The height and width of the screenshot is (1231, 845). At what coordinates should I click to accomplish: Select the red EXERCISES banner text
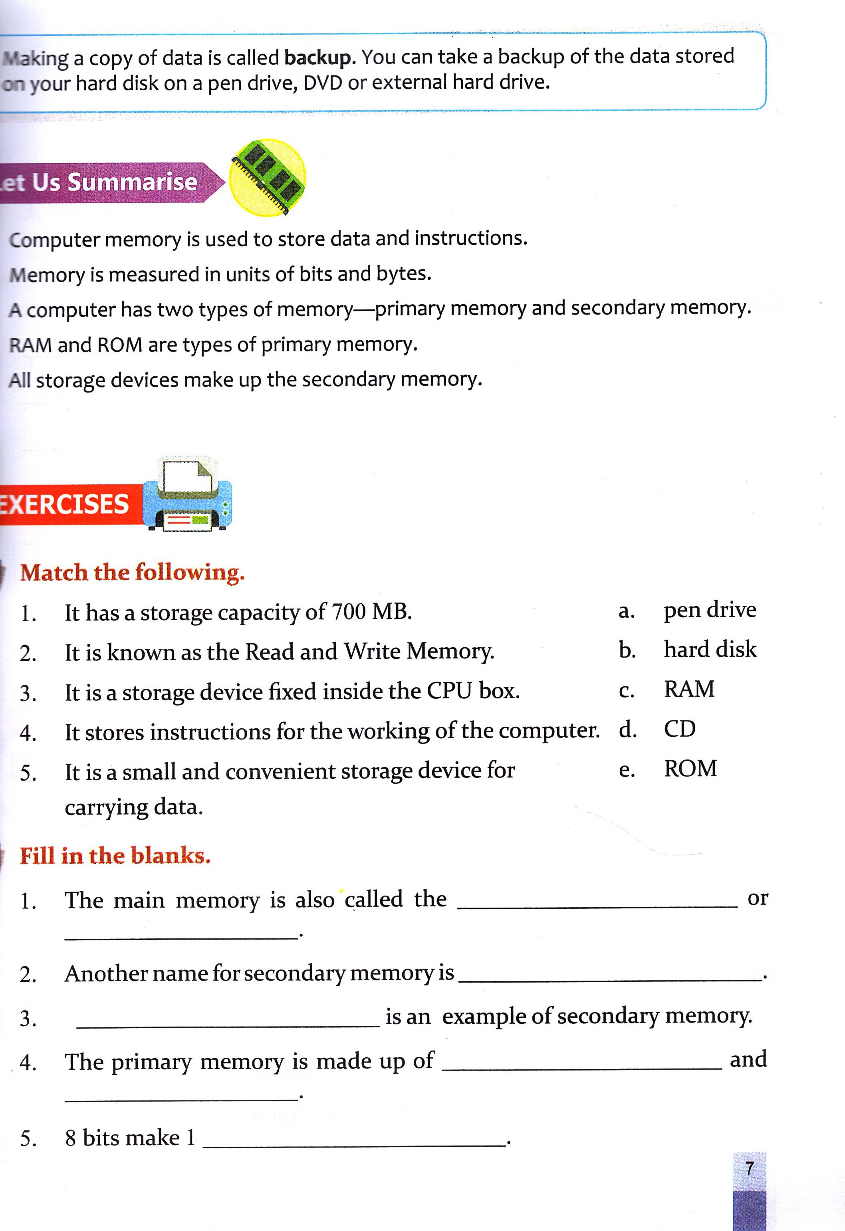coord(63,504)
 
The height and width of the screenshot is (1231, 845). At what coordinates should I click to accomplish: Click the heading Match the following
coord(133,573)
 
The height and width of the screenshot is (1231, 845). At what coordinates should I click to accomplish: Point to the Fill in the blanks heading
coord(115,855)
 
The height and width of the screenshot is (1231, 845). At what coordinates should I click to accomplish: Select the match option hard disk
coord(710,649)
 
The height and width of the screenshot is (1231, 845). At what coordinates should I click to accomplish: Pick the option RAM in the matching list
coord(689,689)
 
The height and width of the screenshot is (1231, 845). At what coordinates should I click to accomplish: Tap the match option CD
coord(679,729)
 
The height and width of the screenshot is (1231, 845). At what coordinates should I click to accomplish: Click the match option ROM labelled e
coord(690,769)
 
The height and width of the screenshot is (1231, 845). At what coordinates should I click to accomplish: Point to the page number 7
coord(749,1168)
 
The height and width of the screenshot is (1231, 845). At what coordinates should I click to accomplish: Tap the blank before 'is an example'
coord(228,1025)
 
